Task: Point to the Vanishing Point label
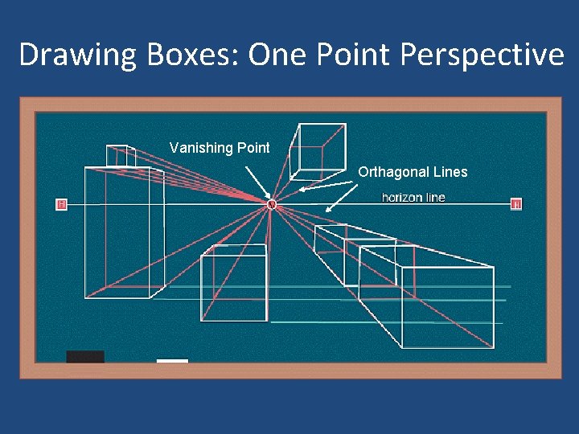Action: [x=220, y=147]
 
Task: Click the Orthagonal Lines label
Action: [x=413, y=172]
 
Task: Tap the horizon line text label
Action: [x=413, y=198]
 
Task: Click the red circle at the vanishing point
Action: [x=272, y=205]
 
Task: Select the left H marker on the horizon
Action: [x=61, y=204]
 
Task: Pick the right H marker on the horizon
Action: [x=516, y=204]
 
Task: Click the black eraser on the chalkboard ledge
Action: [x=85, y=356]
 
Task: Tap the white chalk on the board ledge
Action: [x=172, y=361]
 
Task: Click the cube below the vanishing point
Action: [x=233, y=281]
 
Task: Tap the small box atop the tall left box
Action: [x=121, y=156]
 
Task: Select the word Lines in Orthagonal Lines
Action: [x=450, y=172]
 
